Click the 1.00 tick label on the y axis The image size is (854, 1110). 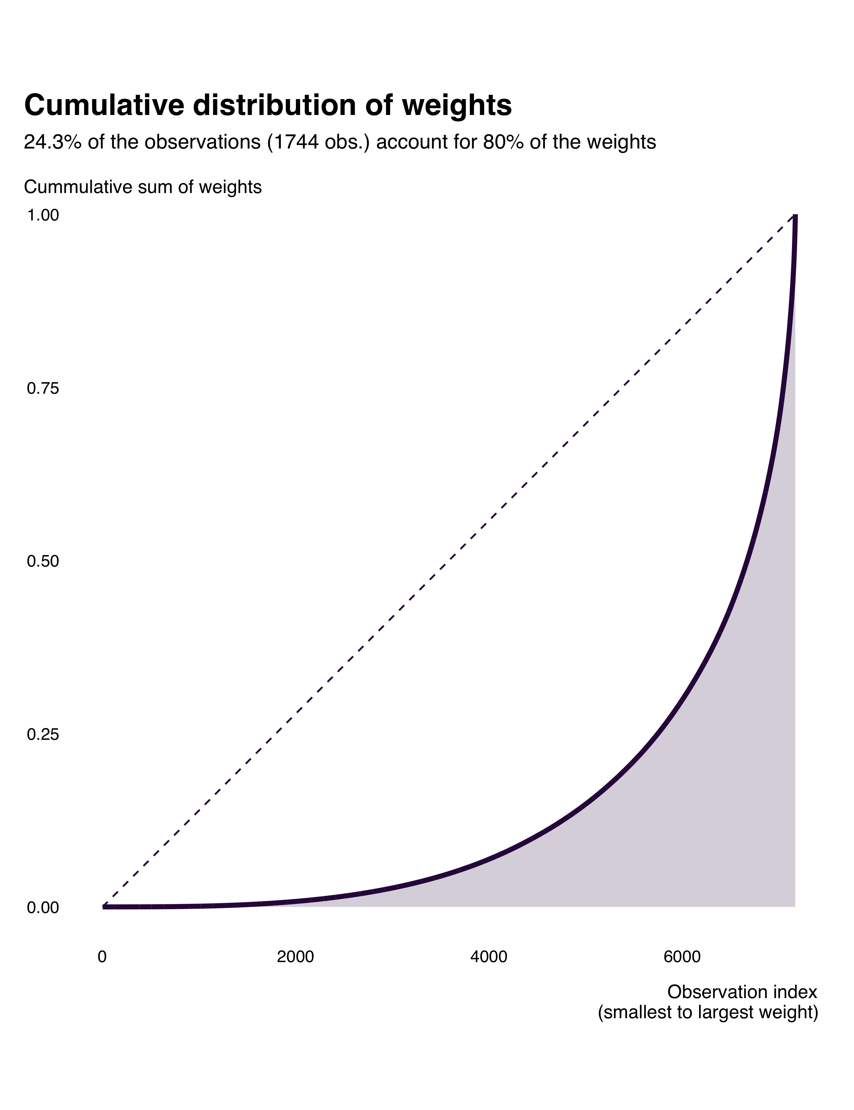pos(43,216)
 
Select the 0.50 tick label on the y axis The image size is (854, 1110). pos(43,562)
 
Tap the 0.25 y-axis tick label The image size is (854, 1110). pos(43,734)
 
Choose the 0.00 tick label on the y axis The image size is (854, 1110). pos(43,907)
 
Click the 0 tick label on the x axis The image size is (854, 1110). pos(102,957)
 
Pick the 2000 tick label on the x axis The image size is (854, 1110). pos(295,957)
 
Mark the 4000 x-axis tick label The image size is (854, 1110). pos(489,957)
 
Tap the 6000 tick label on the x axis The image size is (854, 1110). pos(682,957)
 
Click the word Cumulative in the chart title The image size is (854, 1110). pos(104,106)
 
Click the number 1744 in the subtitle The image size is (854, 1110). pos(289,143)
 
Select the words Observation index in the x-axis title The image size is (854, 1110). pos(742,992)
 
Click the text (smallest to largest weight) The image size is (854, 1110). pos(708,1012)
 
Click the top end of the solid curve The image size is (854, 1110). pos(795,217)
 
